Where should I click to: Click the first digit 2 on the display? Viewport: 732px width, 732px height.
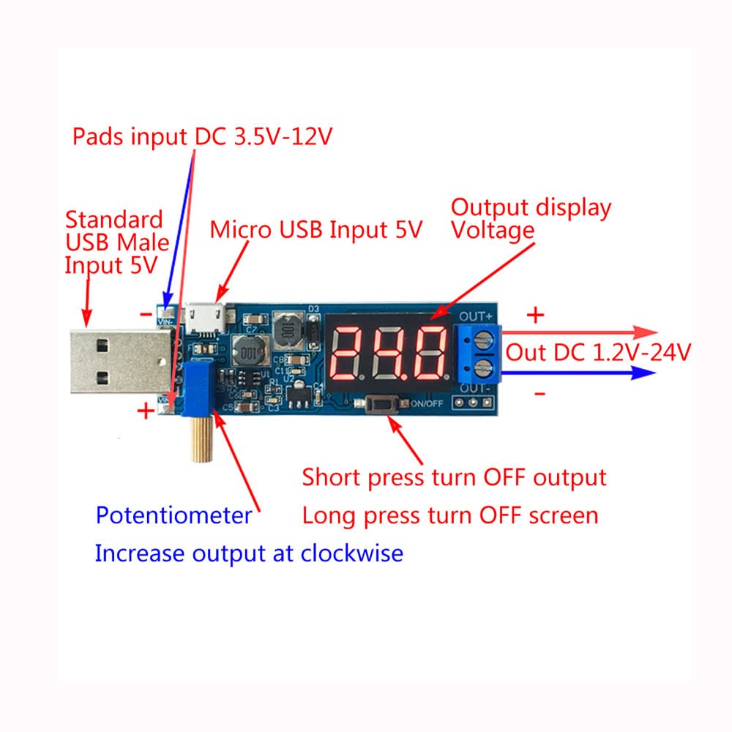(x=350, y=351)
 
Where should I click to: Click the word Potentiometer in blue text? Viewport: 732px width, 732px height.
(x=174, y=515)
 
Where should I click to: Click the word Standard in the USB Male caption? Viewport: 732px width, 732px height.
(x=114, y=219)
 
